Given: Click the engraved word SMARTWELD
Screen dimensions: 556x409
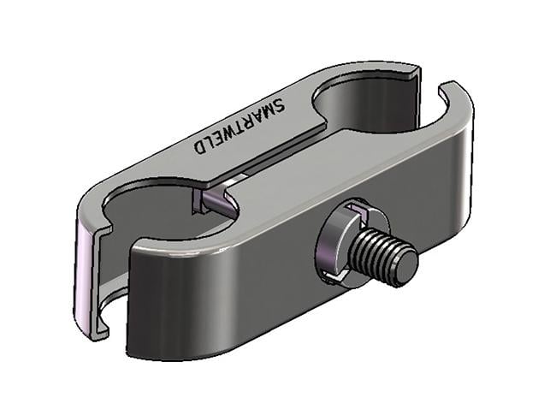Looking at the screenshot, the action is coord(239,126).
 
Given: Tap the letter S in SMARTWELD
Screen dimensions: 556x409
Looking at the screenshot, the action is coord(278,105).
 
